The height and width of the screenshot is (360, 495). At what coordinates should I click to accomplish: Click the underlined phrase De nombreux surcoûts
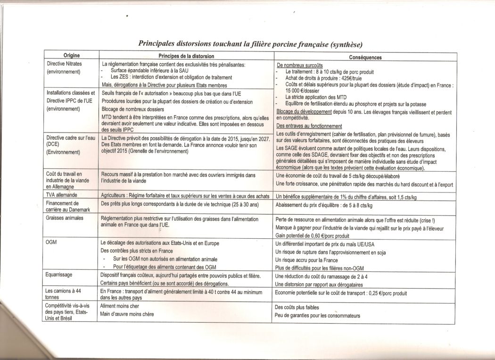point(300,66)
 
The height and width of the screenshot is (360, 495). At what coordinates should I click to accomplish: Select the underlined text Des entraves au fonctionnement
point(309,126)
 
